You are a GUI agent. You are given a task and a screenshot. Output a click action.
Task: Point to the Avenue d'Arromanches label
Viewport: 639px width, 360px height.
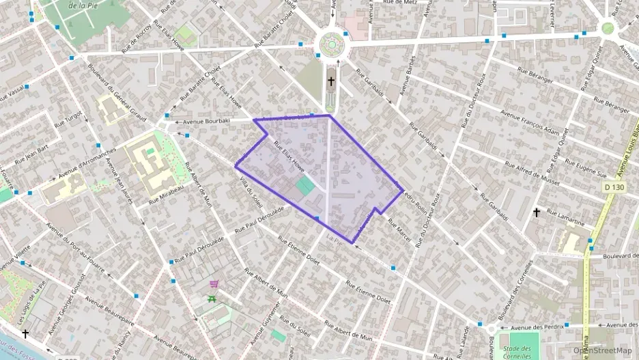(x=87, y=163)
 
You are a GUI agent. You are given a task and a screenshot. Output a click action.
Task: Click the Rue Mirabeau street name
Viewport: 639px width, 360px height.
(x=167, y=193)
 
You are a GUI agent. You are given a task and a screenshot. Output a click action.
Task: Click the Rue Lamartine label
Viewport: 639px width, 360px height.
(x=567, y=219)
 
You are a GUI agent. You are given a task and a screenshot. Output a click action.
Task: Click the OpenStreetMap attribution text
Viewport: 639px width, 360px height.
(x=602, y=351)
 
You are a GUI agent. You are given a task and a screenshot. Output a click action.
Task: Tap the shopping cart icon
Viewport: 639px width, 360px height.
(x=214, y=285)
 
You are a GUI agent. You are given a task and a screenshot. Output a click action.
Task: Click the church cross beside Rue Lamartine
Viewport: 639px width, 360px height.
(x=537, y=213)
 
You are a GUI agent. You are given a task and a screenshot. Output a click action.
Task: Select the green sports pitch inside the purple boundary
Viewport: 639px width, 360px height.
(x=305, y=185)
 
